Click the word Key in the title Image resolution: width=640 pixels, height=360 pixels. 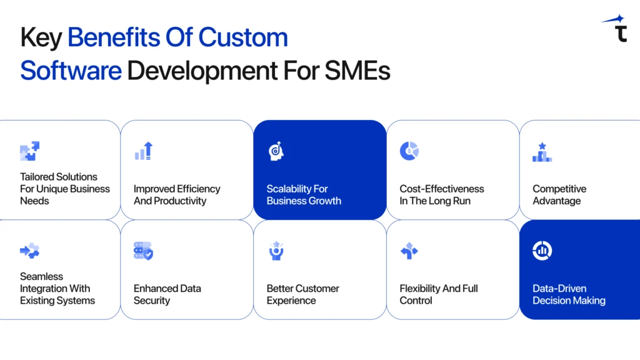(x=41, y=38)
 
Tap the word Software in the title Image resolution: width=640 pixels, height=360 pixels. (x=71, y=71)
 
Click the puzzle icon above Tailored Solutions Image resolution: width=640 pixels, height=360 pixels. (x=29, y=151)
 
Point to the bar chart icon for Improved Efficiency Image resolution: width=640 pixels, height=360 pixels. (x=144, y=151)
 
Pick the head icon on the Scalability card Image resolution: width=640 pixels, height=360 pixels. (x=276, y=151)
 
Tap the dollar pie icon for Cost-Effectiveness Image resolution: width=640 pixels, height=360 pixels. (x=409, y=151)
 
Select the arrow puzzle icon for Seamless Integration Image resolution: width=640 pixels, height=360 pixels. (x=29, y=251)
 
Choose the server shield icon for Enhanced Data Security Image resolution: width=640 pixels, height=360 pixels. (x=144, y=251)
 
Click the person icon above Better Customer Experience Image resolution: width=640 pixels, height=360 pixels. (x=276, y=251)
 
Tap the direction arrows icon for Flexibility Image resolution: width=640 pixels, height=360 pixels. (x=409, y=251)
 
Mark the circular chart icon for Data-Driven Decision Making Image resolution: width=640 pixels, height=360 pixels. (x=542, y=251)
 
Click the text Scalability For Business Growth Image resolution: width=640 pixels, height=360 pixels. (x=304, y=195)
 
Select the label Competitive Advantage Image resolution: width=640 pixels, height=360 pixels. (x=559, y=195)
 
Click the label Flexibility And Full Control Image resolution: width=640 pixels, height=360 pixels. (x=439, y=294)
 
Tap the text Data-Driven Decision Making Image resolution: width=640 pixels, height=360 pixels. (x=569, y=294)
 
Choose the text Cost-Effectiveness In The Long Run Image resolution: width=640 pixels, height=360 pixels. (x=442, y=195)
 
